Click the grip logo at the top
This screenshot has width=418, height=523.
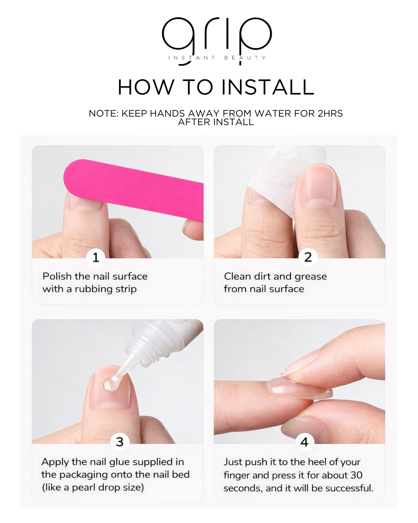coord(217,37)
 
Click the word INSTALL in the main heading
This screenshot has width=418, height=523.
coord(267,87)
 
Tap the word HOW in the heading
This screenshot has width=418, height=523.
coord(146,87)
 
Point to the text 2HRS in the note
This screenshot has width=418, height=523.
coord(330,114)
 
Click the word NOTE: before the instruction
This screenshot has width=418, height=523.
coord(104,114)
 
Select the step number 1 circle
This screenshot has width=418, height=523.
coord(96,257)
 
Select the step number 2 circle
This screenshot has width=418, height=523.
coord(308,257)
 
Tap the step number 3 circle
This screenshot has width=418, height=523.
coord(120,442)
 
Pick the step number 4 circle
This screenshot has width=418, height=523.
coord(304,442)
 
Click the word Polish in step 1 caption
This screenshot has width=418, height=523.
coord(57,276)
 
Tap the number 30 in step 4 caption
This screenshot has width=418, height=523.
coord(356,475)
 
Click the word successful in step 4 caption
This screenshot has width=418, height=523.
coord(349,488)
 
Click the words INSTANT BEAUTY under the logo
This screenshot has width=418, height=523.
coord(217,58)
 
